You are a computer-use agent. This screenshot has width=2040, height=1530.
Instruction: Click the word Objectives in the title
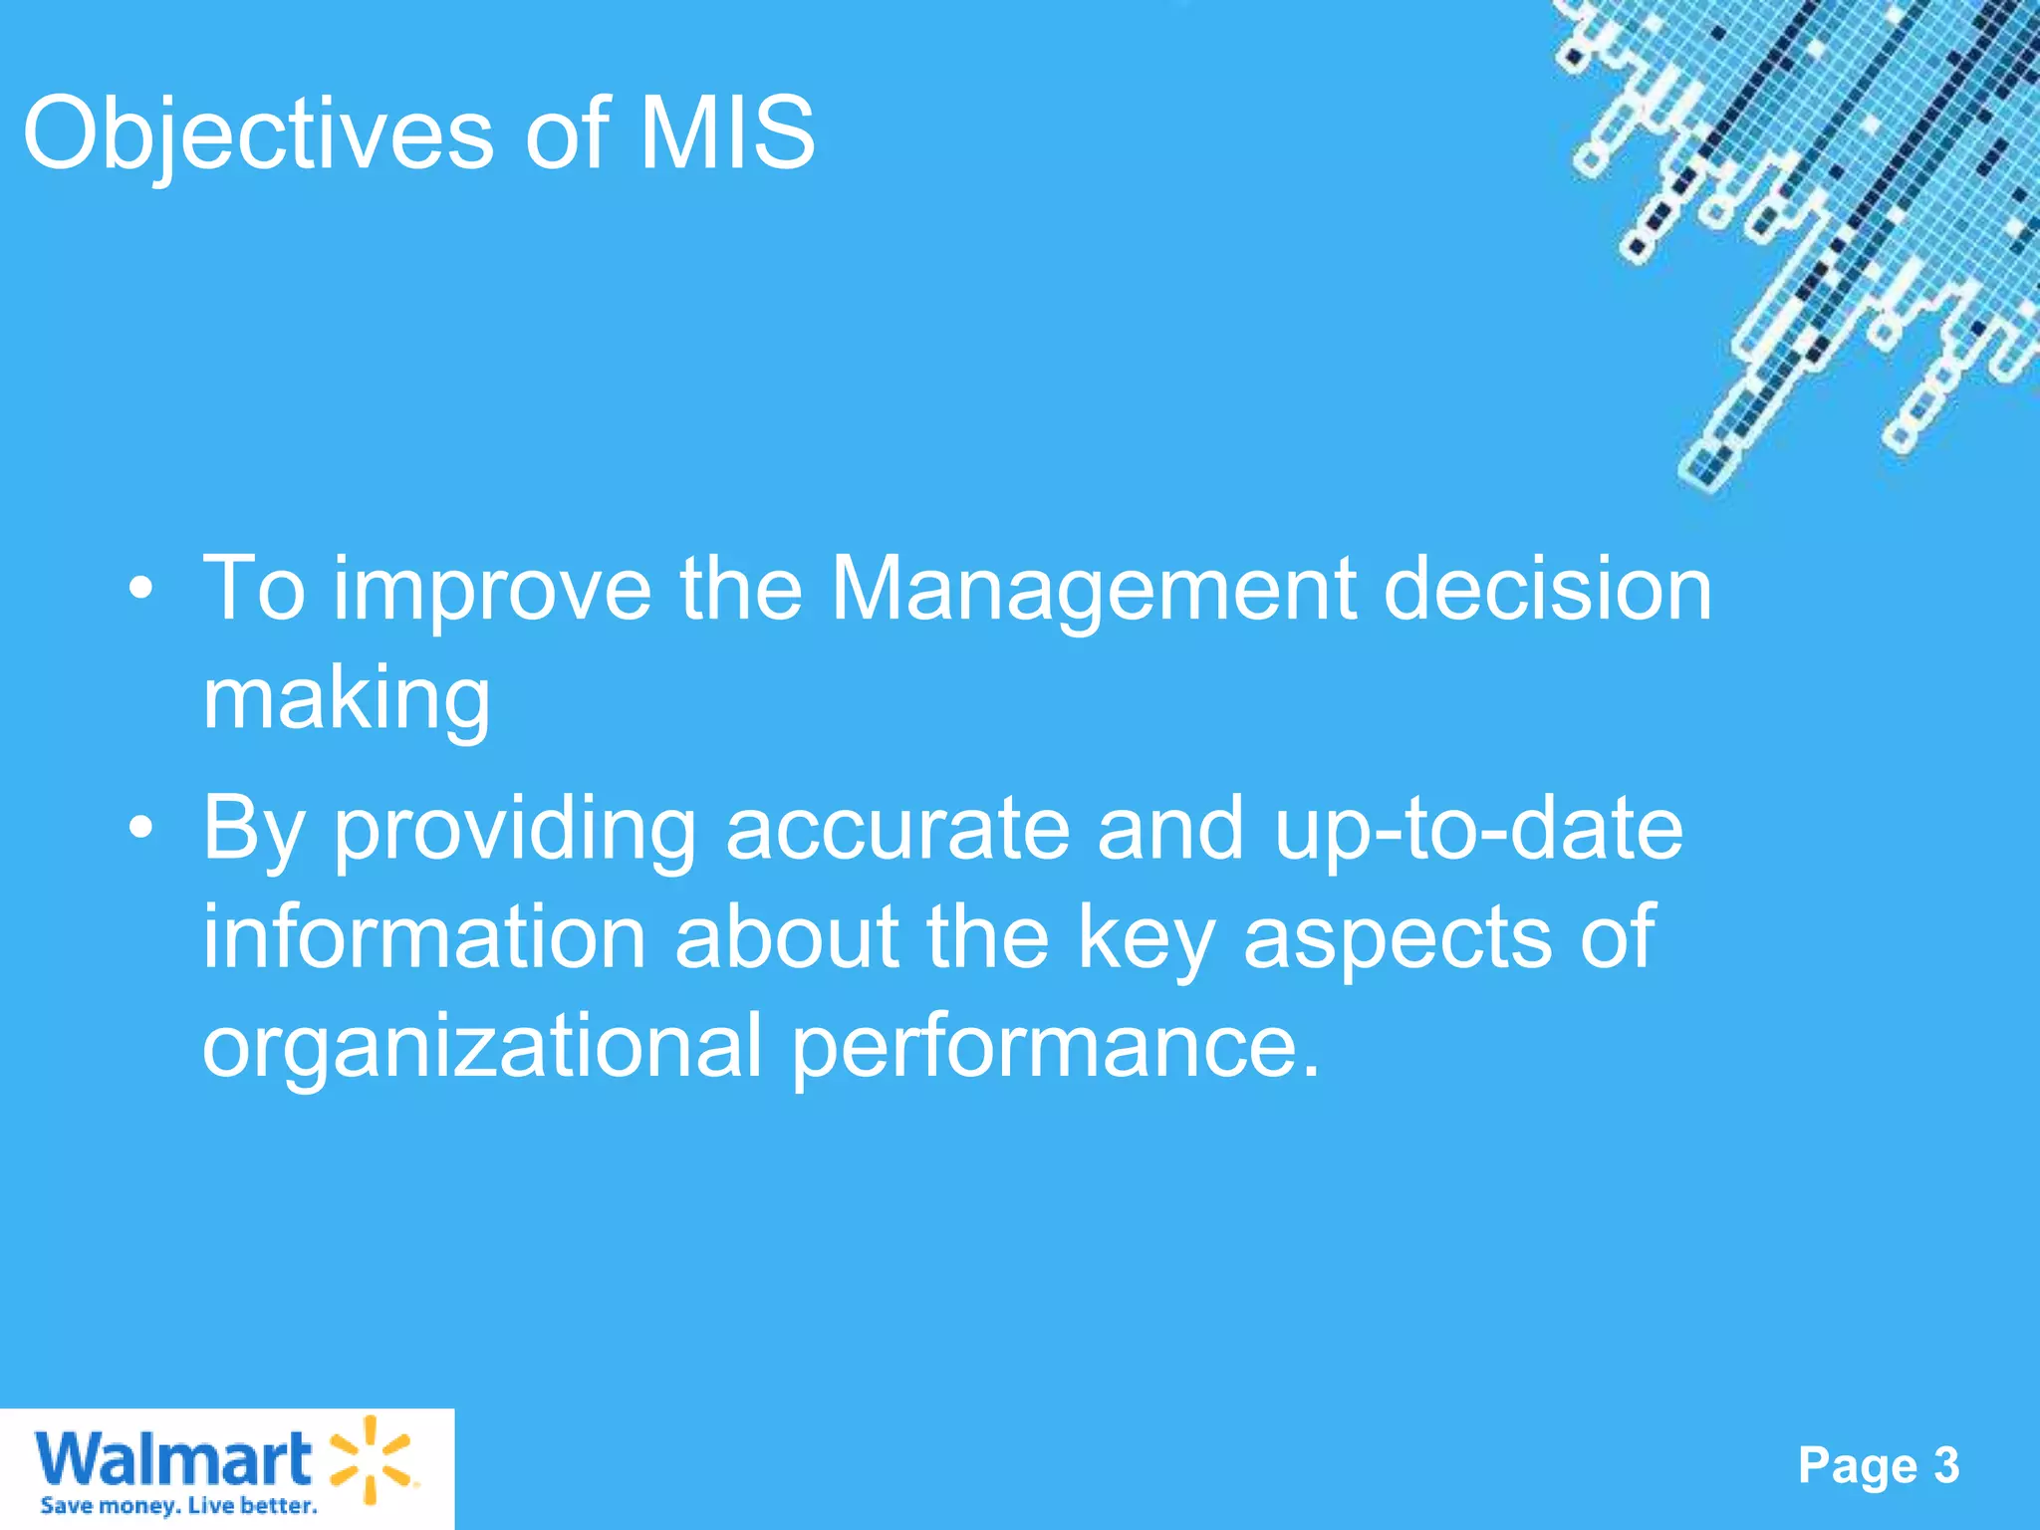click(x=257, y=134)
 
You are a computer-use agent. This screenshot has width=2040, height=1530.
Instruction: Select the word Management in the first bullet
click(x=1093, y=590)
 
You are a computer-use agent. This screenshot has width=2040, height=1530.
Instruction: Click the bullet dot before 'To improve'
click(x=141, y=590)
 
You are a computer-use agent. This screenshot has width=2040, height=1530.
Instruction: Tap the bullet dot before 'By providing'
click(x=141, y=828)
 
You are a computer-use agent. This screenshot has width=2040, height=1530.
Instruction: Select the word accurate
click(x=896, y=828)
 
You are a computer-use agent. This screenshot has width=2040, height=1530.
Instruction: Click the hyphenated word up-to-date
click(x=1478, y=830)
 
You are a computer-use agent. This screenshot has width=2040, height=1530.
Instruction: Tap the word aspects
click(x=1397, y=938)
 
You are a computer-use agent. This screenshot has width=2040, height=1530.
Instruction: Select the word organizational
click(x=482, y=1048)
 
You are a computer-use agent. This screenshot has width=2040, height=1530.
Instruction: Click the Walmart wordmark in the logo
click(x=173, y=1460)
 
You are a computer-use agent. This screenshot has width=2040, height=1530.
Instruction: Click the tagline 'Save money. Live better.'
click(x=178, y=1505)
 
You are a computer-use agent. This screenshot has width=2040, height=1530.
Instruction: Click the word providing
click(x=514, y=830)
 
